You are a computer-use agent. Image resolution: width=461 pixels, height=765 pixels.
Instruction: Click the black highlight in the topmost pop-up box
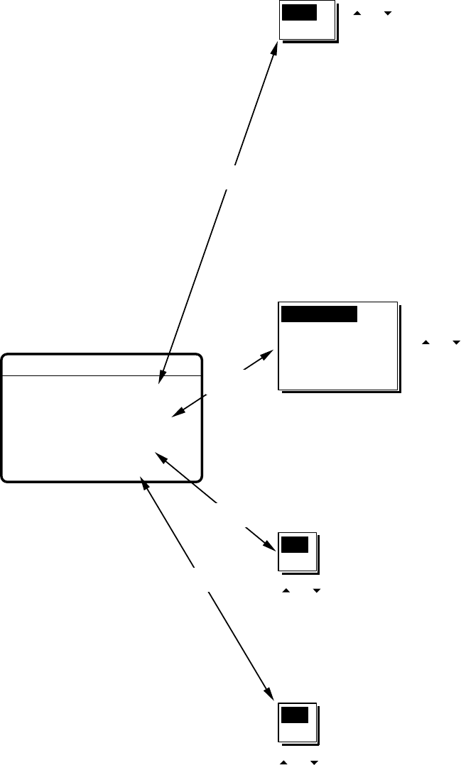tap(299, 14)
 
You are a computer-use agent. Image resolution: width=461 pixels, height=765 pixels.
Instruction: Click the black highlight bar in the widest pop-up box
tap(320, 314)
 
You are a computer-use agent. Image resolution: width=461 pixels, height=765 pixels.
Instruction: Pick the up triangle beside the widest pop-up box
tap(426, 343)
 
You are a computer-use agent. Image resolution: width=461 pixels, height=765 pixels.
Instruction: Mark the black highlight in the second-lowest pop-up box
tap(295, 545)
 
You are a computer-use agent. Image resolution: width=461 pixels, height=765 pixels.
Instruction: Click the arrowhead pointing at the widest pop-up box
tap(270, 353)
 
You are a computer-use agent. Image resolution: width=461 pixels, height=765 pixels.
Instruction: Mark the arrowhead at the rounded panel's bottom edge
tap(144, 480)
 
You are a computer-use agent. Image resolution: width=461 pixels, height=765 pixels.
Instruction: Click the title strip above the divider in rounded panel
tap(102, 364)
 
